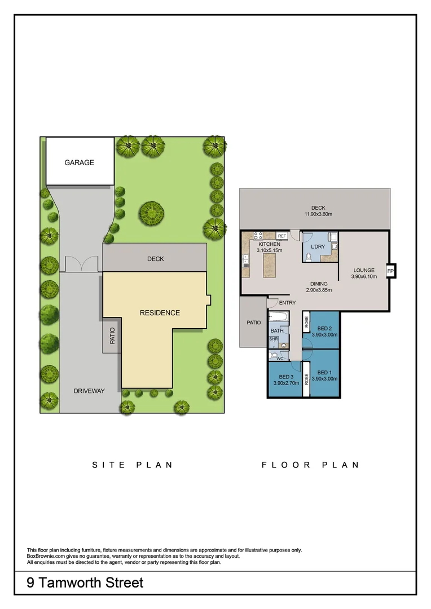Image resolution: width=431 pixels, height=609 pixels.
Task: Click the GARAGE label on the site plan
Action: click(79, 162)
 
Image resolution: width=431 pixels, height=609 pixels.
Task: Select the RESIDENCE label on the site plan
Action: click(160, 313)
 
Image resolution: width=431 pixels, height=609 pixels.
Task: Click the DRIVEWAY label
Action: click(89, 391)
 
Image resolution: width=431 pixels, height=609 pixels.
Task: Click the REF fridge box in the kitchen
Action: click(282, 236)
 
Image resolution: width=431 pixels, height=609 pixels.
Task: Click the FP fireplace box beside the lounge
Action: click(390, 271)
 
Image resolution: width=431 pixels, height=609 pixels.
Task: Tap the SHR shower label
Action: click(274, 339)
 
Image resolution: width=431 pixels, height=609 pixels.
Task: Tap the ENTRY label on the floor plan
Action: click(287, 303)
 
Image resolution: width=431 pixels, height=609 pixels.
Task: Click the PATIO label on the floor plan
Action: click(253, 323)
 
